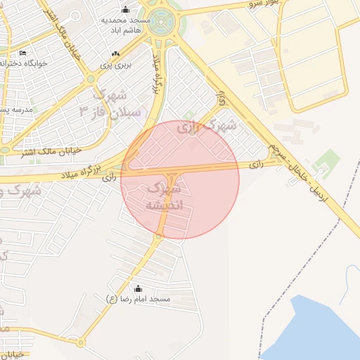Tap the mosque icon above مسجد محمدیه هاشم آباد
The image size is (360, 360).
[126, 9]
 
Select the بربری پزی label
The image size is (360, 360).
[115, 65]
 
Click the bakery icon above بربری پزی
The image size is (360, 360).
[115, 54]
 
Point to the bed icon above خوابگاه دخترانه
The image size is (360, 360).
[22, 53]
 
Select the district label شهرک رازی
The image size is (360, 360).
[207, 127]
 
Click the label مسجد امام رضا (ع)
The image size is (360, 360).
[138, 300]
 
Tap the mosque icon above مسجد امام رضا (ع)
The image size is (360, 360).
[138, 289]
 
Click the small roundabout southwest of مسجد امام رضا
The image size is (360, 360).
[81, 342]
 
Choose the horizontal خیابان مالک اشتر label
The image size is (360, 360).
[59, 150]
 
